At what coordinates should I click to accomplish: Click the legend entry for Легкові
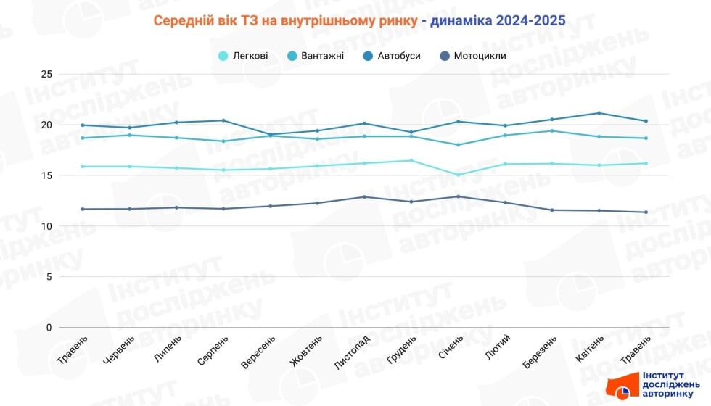[x=243, y=56]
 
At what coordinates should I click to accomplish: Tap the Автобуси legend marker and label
[x=391, y=56]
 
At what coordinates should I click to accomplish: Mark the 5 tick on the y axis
[x=49, y=277]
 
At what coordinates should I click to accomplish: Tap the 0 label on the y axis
[x=49, y=328]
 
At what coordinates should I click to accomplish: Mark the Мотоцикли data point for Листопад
[x=364, y=196]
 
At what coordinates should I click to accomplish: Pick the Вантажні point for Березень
[x=553, y=130]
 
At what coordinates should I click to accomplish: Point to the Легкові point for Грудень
[x=411, y=160]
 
